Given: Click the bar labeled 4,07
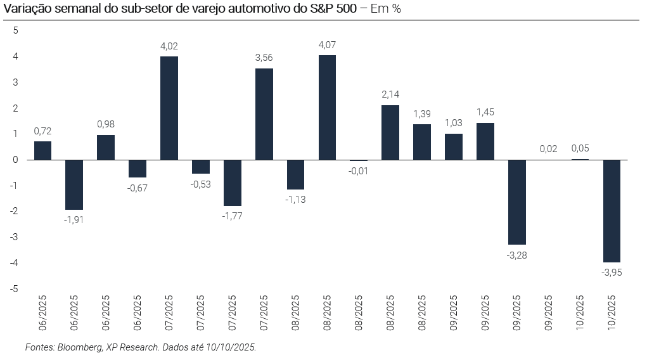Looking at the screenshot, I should tap(327, 107).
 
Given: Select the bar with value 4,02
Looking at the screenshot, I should tap(169, 108).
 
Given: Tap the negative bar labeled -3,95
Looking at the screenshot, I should tap(612, 210).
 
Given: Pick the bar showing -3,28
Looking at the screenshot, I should tap(516, 202).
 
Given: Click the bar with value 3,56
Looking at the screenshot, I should tap(264, 114).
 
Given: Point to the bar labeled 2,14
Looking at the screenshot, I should tap(390, 132).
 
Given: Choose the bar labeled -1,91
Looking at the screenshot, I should tap(74, 184).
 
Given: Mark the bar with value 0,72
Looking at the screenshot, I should tap(42, 150).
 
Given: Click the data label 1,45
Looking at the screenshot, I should tap(485, 112).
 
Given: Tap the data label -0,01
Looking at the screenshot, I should tap(359, 170).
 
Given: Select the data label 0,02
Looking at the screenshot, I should tap(548, 149).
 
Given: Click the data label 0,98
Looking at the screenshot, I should tap(106, 124).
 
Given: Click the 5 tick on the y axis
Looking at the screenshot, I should tap(16, 30).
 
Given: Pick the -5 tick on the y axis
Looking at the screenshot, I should tap(15, 288).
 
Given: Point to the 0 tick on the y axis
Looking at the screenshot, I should tap(16, 160).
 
